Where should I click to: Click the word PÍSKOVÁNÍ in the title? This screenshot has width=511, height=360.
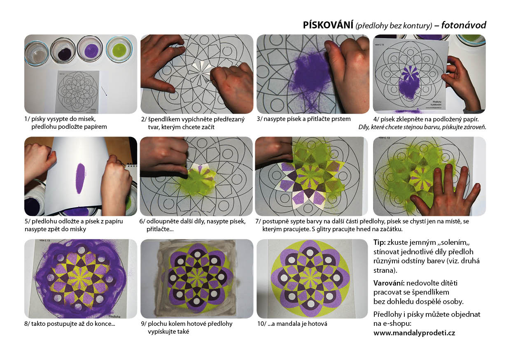(328, 25)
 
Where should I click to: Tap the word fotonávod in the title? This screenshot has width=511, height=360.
(463, 25)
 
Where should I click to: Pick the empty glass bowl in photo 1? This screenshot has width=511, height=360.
(37, 54)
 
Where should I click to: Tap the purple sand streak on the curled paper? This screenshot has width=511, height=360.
(80, 178)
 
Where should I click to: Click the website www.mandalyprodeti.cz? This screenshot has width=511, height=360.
(414, 333)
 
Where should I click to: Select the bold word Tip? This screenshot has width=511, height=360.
(379, 242)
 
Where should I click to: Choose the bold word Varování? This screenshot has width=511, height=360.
(389, 283)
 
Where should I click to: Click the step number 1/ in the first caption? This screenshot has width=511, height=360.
(27, 119)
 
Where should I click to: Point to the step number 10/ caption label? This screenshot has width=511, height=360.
(261, 324)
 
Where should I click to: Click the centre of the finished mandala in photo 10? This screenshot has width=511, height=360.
(310, 278)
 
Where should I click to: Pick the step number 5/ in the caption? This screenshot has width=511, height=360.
(27, 221)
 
